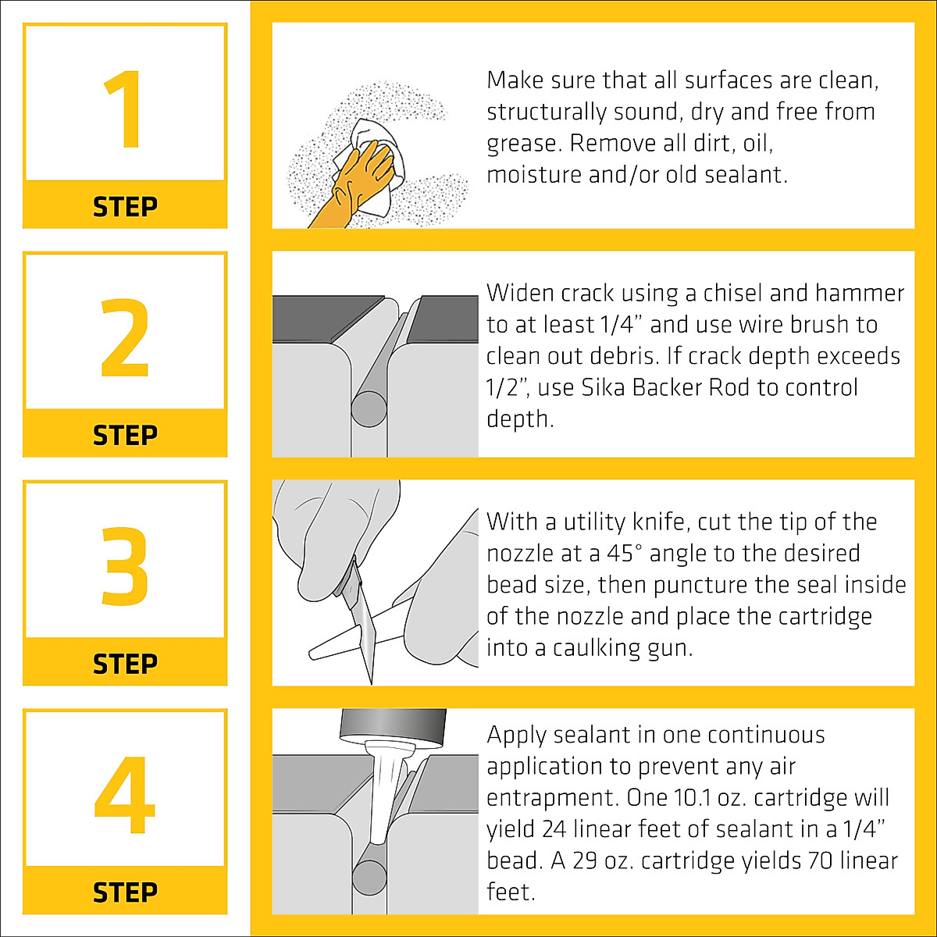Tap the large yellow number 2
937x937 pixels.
tap(124, 337)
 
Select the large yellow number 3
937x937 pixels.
tap(124, 566)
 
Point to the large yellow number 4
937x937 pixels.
tap(124, 795)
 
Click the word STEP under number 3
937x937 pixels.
tap(125, 664)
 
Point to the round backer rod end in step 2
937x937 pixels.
tap(369, 408)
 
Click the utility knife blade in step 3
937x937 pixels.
tap(364, 627)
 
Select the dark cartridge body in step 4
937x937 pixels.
tap(393, 726)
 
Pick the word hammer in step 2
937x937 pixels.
tap(860, 294)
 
